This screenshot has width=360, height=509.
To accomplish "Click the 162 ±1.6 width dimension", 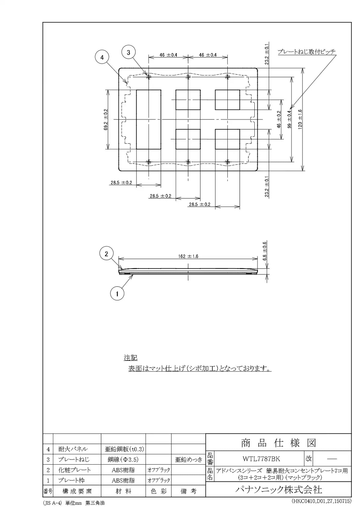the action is [188, 256].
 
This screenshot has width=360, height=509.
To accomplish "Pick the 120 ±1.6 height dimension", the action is [300, 119].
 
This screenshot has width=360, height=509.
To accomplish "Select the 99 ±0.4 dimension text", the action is [289, 119].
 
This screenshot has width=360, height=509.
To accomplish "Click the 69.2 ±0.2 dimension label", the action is [106, 119].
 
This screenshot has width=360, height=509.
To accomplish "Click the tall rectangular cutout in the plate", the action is [149, 119].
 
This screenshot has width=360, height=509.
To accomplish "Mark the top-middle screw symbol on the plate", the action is [188, 77].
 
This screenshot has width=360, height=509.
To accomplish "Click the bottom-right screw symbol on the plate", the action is [227, 162].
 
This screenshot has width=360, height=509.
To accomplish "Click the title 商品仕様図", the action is [278, 443].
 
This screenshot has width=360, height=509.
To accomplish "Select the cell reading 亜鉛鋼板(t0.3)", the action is [124, 449].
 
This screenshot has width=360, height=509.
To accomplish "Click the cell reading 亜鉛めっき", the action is [188, 460].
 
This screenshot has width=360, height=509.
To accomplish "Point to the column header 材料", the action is [123, 491].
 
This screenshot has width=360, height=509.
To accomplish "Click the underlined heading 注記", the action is [130, 358].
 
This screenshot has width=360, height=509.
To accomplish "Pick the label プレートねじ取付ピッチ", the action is [307, 52].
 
